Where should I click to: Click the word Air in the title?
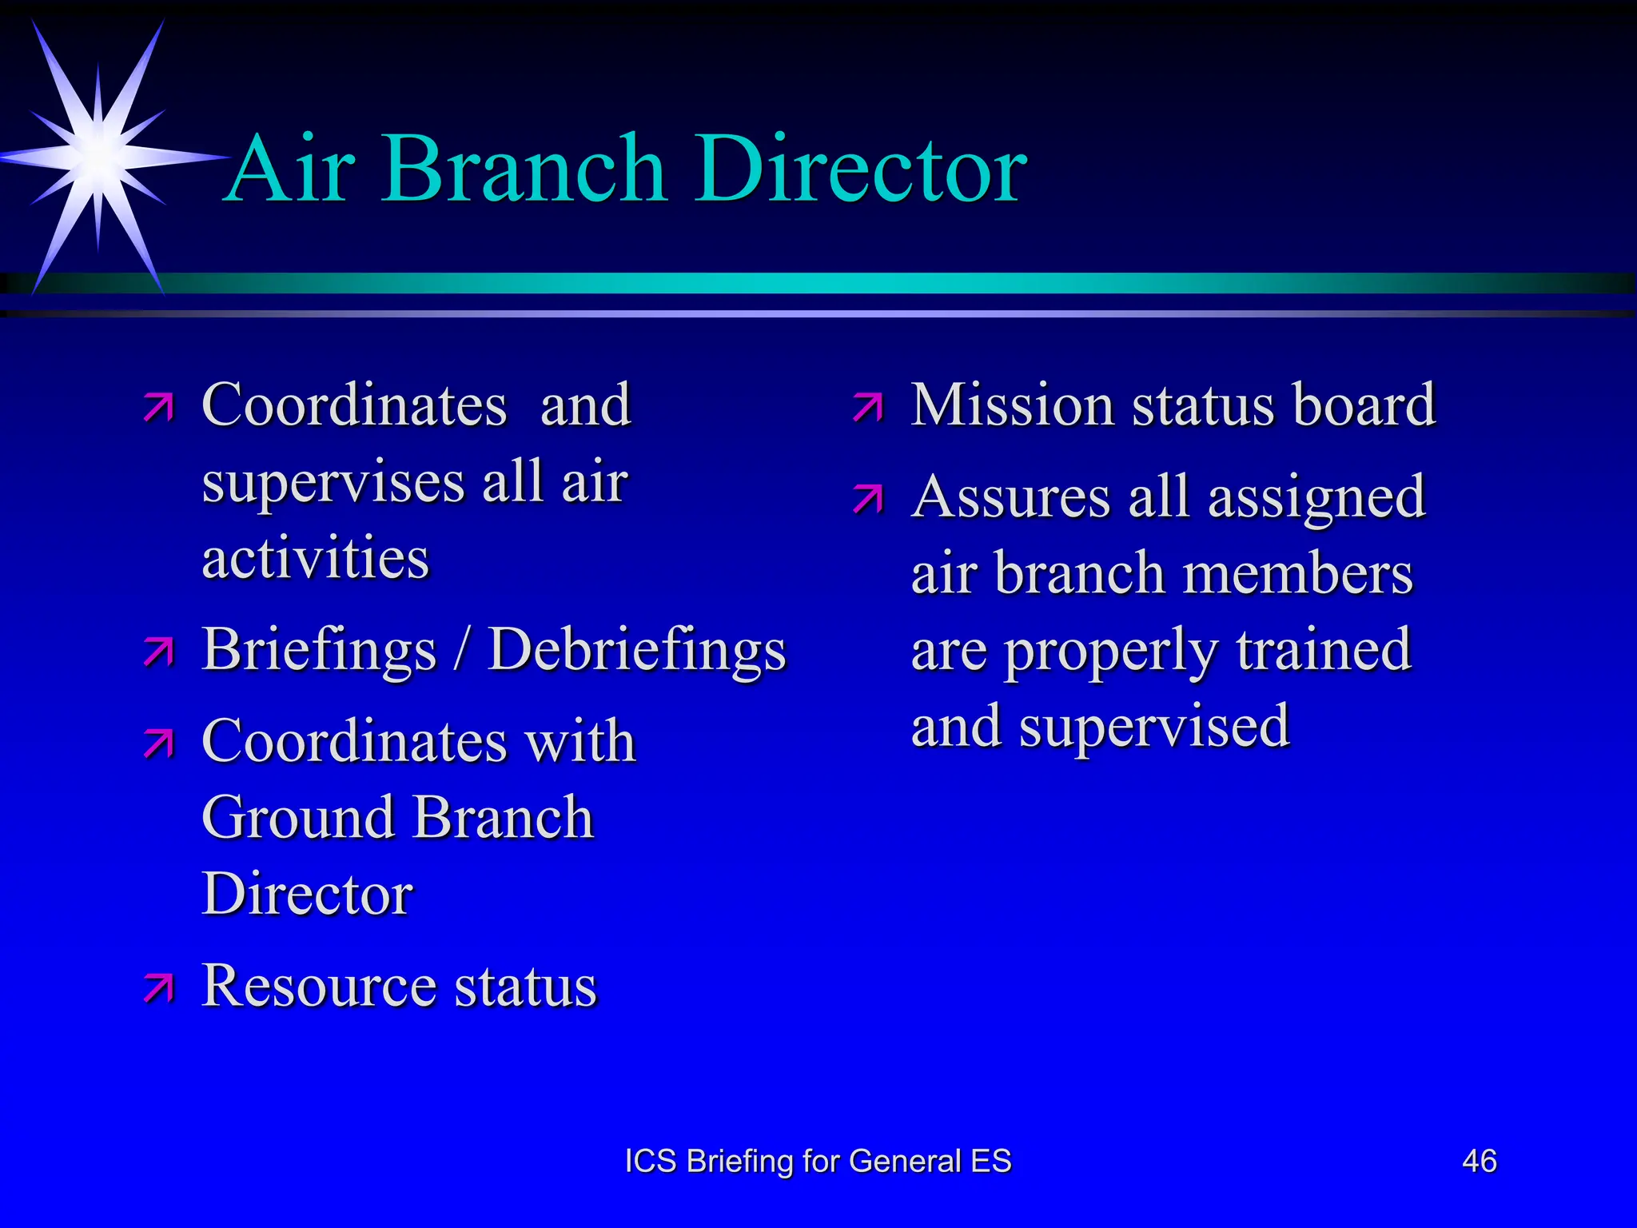291,169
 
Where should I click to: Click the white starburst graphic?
98,156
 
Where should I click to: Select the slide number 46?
1479,1161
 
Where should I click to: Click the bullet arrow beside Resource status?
158,988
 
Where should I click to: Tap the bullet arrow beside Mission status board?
867,407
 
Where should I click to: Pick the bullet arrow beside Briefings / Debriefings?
158,652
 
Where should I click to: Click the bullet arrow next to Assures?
867,499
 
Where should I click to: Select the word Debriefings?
637,650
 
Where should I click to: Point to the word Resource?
319,986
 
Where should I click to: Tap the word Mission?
1012,405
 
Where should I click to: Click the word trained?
1324,649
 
